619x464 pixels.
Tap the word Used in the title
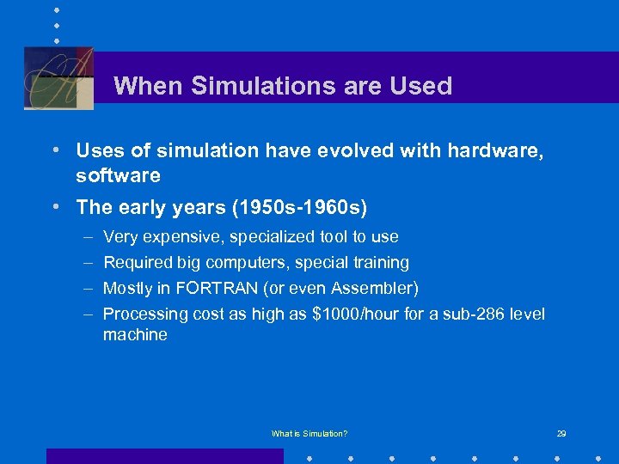(420, 86)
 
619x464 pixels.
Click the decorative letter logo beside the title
(58, 77)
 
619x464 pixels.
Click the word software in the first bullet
(118, 175)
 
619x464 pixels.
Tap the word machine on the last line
(135, 335)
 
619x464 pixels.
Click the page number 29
(561, 434)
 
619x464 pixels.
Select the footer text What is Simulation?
(309, 434)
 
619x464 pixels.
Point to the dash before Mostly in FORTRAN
(88, 288)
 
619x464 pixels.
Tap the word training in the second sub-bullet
(379, 262)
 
